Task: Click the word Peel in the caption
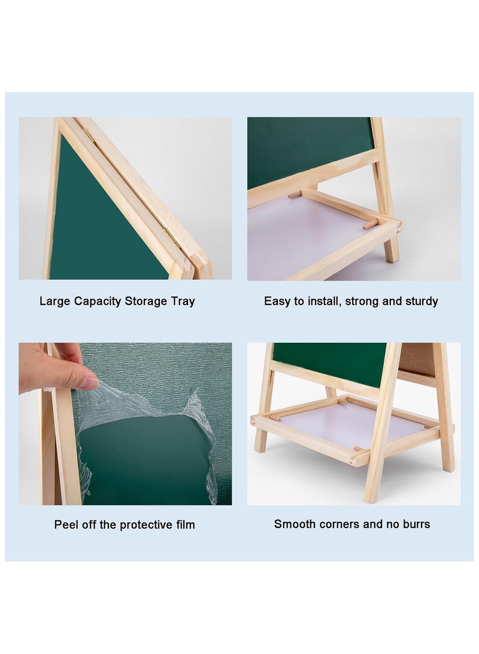66,525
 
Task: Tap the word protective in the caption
145,525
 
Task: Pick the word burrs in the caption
416,524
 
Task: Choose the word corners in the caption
337,525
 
